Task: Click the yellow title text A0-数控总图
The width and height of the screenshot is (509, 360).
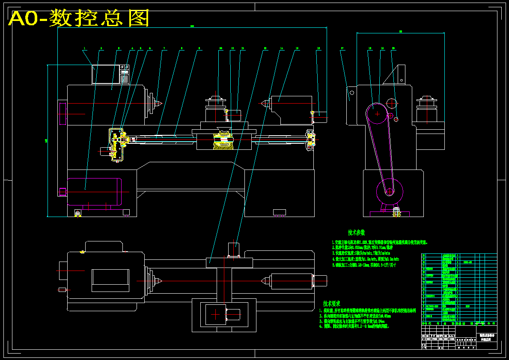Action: pyautogui.click(x=79, y=18)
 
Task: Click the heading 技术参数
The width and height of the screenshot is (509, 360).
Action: pyautogui.click(x=357, y=232)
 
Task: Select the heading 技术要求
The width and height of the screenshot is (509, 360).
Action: pyautogui.click(x=332, y=303)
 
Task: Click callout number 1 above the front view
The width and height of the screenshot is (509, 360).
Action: pyautogui.click(x=85, y=49)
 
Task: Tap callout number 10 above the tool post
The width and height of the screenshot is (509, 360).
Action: pyautogui.click(x=220, y=49)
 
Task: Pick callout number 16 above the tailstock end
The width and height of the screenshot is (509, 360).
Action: pyautogui.click(x=318, y=49)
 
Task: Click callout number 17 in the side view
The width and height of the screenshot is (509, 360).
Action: pyautogui.click(x=342, y=49)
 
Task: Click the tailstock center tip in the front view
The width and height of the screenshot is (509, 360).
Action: pyautogui.click(x=260, y=103)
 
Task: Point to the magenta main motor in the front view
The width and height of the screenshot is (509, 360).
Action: pyautogui.click(x=94, y=192)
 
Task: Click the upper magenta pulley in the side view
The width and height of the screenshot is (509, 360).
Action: pyautogui.click(x=377, y=114)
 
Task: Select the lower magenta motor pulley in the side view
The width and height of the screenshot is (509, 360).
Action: pyautogui.click(x=390, y=191)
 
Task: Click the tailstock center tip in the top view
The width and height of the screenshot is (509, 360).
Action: pyautogui.click(x=262, y=281)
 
